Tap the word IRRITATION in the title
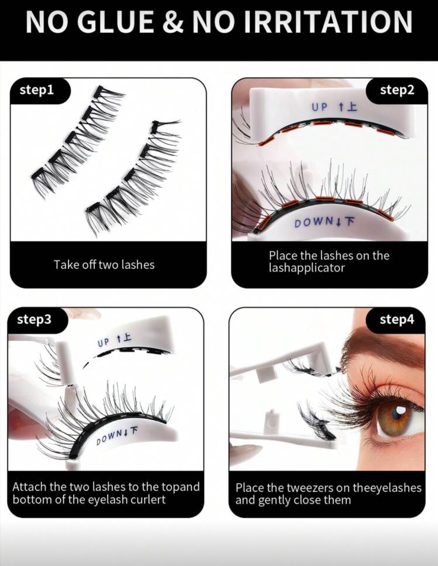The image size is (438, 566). pyautogui.click(x=328, y=22)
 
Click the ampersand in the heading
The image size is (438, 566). pyautogui.click(x=173, y=22)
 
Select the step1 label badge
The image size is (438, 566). pyautogui.click(x=37, y=90)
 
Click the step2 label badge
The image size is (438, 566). pyautogui.click(x=397, y=90)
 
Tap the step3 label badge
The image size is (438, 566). pyautogui.click(x=34, y=320)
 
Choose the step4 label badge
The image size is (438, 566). pyautogui.click(x=397, y=320)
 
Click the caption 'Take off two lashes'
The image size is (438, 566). pyautogui.click(x=104, y=265)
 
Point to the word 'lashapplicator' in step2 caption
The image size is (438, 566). pyautogui.click(x=306, y=268)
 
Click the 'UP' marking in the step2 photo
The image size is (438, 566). pyautogui.click(x=319, y=107)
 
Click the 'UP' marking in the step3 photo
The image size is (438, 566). pyautogui.click(x=104, y=342)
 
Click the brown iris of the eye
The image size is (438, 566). pyautogui.click(x=397, y=416)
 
